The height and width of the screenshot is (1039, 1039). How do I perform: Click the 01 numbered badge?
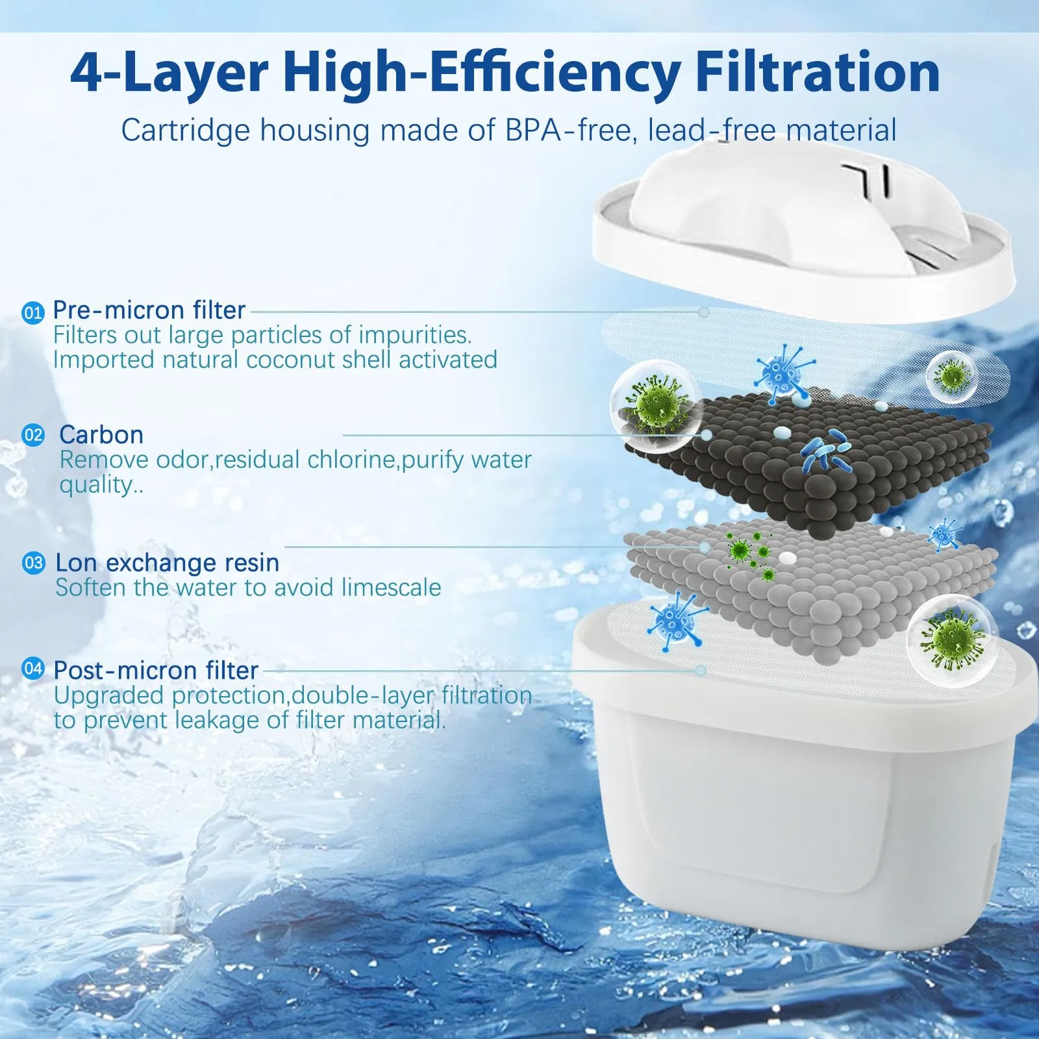click(x=32, y=313)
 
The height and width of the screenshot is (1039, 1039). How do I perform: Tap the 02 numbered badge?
click(x=33, y=434)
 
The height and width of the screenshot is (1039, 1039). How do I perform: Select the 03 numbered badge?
click(x=33, y=562)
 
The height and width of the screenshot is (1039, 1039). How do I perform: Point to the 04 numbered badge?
click(x=32, y=668)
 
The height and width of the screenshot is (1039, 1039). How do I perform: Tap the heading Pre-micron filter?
click(x=149, y=310)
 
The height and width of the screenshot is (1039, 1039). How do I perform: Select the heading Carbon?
click(x=101, y=434)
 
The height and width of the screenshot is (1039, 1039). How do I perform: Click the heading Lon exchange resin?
click(x=168, y=562)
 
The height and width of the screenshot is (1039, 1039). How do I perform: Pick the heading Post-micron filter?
click(x=156, y=670)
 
